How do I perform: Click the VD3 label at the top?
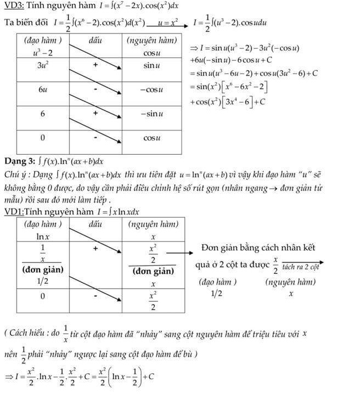pyautogui.click(x=13, y=7)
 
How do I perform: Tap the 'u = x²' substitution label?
pyautogui.click(x=167, y=23)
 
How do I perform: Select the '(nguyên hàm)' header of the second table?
pyautogui.click(x=153, y=224)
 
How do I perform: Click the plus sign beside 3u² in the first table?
pyautogui.click(x=95, y=65)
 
